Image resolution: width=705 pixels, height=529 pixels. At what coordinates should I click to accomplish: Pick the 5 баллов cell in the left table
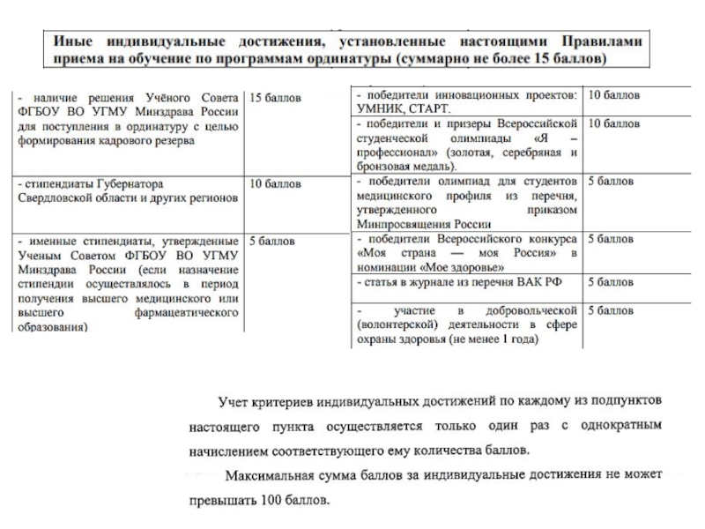click(271, 240)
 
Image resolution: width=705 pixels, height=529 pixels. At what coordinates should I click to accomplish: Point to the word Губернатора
click(123, 184)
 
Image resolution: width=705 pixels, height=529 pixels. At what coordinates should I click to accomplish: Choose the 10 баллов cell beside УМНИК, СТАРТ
click(613, 95)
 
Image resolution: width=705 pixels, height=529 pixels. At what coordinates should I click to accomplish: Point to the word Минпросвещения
click(400, 224)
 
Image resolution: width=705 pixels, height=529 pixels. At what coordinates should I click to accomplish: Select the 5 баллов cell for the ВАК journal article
click(610, 282)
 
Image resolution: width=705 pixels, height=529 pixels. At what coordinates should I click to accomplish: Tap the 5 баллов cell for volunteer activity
click(610, 311)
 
